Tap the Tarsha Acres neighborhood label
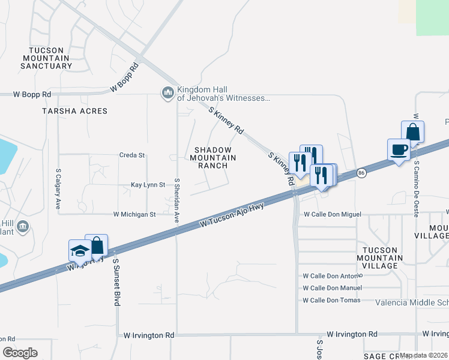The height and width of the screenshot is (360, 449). click(x=75, y=111)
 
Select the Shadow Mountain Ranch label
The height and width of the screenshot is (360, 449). click(x=213, y=157)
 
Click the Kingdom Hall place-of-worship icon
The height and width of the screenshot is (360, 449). click(x=167, y=92)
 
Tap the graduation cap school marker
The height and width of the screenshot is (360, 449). click(x=79, y=251)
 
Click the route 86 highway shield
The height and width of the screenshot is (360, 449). click(x=361, y=173)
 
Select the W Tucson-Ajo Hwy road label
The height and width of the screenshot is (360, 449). click(x=232, y=214)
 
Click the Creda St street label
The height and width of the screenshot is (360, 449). click(x=133, y=155)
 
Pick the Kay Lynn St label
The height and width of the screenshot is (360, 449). click(x=148, y=185)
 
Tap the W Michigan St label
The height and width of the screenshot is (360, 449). click(x=134, y=214)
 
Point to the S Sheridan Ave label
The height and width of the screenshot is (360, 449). click(x=177, y=200)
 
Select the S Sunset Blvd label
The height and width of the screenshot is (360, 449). click(x=117, y=283)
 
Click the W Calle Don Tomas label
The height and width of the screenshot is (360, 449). click(x=332, y=300)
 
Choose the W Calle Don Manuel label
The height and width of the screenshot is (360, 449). click(x=332, y=288)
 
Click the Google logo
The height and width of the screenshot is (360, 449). click(x=20, y=353)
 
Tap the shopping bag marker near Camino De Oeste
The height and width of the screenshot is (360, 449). click(x=413, y=131)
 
